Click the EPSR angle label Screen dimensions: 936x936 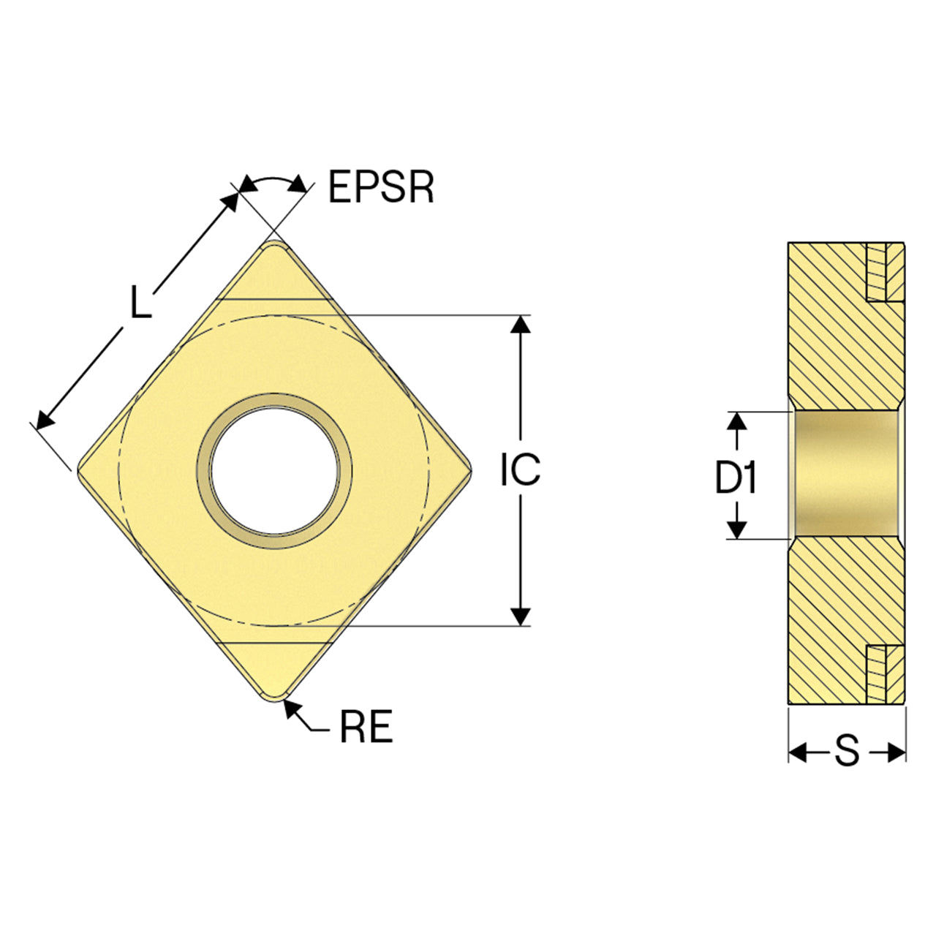[x=381, y=186]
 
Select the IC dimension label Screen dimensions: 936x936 [x=520, y=469]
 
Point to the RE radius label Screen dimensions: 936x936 [x=366, y=726]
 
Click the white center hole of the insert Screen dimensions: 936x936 [x=276, y=471]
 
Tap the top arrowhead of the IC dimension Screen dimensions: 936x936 [x=521, y=324]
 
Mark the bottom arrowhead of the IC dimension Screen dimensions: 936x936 [x=521, y=616]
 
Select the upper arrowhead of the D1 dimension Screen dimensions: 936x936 [x=737, y=420]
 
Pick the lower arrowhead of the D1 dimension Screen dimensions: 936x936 [x=737, y=529]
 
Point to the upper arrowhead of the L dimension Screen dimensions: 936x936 [x=230, y=201]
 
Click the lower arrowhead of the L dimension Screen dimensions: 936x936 [x=46, y=420]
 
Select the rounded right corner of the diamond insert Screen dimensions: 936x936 [x=467, y=470]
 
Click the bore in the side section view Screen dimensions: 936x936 [x=845, y=475]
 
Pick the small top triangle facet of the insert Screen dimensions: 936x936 [x=275, y=275]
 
